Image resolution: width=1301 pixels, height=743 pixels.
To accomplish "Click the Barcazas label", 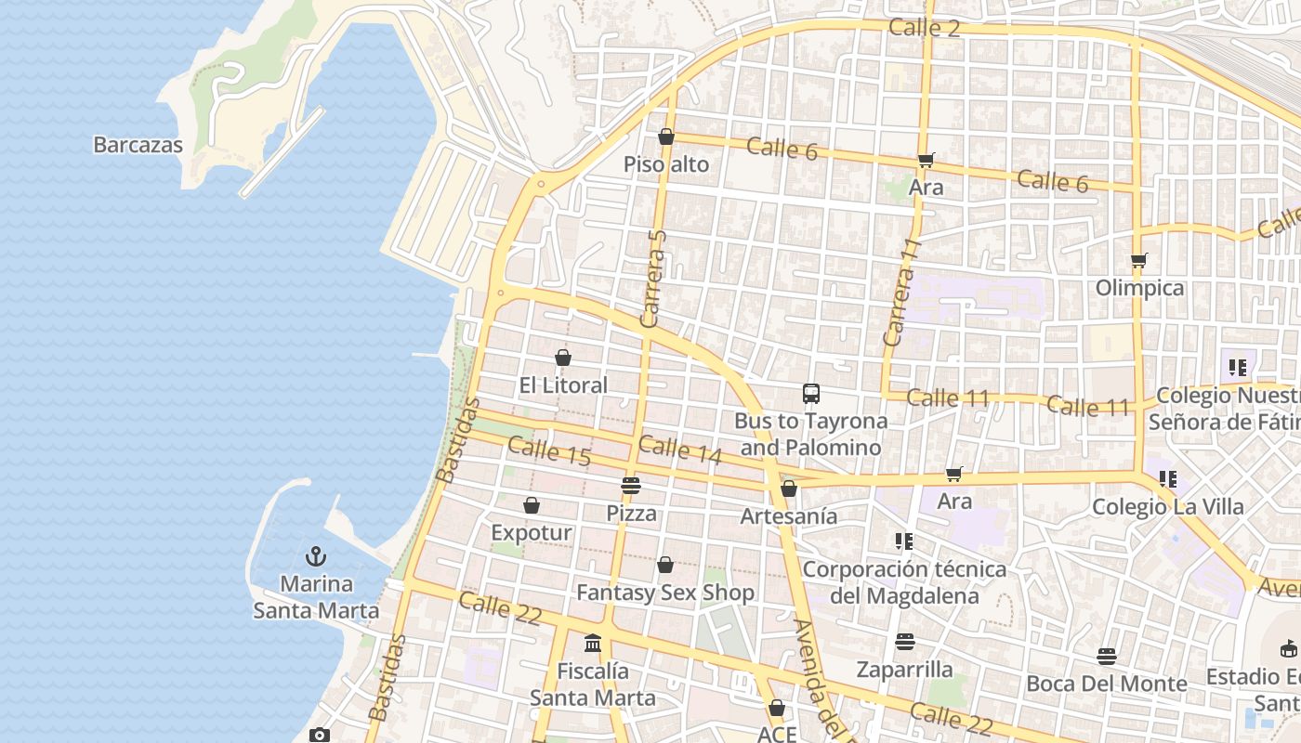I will click(x=138, y=145).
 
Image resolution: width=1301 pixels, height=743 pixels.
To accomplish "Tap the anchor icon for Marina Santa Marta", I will click(x=316, y=556).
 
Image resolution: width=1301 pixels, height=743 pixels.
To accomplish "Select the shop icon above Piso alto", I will click(x=665, y=137).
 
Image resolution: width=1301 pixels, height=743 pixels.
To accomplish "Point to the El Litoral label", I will click(x=562, y=385).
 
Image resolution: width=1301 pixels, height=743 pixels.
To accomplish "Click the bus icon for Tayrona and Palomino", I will click(x=811, y=394).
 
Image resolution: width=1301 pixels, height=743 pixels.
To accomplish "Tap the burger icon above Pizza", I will click(x=631, y=485).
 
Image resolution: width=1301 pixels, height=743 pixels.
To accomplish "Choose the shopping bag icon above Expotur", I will click(x=532, y=505).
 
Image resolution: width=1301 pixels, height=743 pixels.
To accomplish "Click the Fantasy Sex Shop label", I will click(x=664, y=593).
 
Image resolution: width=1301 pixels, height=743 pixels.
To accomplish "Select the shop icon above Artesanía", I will click(x=789, y=489).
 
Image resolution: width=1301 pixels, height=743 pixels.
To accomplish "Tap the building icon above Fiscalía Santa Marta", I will click(x=593, y=643).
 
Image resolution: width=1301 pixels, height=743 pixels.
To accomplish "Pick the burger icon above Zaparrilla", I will click(x=904, y=642).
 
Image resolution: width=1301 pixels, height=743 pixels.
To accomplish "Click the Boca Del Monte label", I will click(x=1106, y=684).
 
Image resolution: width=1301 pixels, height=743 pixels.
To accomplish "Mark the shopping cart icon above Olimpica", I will click(x=1139, y=260).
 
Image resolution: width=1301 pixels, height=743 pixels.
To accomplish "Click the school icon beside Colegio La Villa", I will click(x=1168, y=479).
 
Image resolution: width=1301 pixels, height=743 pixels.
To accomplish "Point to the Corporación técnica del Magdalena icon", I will click(x=903, y=541).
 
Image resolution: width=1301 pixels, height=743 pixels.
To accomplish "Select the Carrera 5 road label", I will click(x=655, y=279).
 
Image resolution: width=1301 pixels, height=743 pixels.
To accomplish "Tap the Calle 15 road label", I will click(x=549, y=451).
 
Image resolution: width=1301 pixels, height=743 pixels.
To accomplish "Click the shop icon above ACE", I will click(x=777, y=709).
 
